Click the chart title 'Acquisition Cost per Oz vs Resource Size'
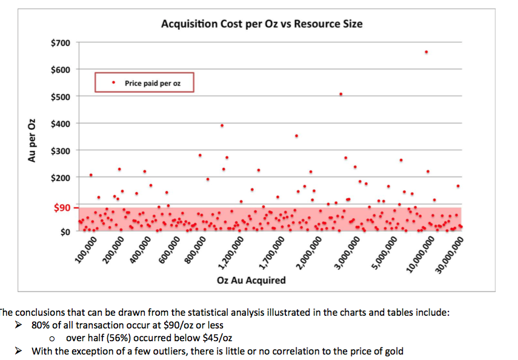tap(262, 24)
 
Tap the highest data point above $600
tap(427, 52)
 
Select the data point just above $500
tap(341, 94)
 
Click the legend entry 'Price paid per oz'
tap(152, 83)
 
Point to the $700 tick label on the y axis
tap(61, 43)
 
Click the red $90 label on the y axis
tap(62, 207)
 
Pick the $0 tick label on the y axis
tap(64, 232)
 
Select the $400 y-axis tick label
tap(61, 124)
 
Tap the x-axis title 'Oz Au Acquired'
tap(251, 281)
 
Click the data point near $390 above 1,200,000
tap(222, 125)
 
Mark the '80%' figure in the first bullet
tap(42, 325)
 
